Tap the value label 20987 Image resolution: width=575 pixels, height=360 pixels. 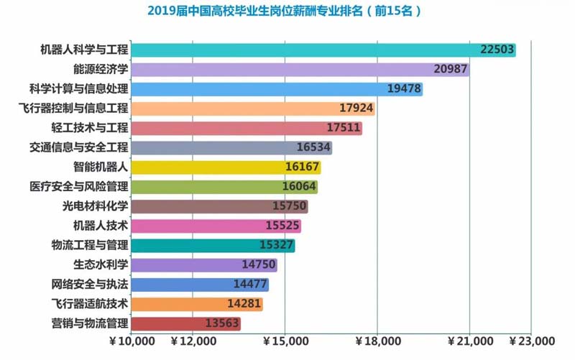[x=451, y=70]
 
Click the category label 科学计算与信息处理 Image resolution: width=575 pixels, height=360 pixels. [x=78, y=89]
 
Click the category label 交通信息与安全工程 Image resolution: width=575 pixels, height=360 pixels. [x=78, y=147]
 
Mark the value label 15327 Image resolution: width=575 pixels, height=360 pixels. [x=275, y=245]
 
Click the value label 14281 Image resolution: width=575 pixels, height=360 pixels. [x=244, y=304]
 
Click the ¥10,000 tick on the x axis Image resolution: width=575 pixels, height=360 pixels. [x=132, y=341]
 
